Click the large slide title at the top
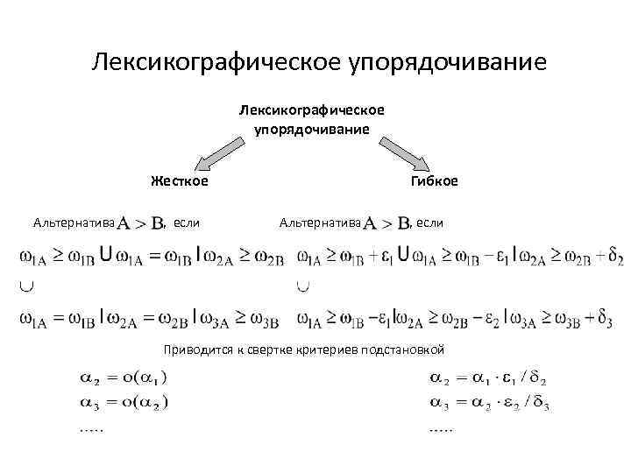coord(319,63)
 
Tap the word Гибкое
coord(433,181)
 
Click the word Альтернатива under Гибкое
coord(320,222)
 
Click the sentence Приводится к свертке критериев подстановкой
coord(304,349)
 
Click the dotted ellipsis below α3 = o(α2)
coord(90,429)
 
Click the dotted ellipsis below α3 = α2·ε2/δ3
coord(441,429)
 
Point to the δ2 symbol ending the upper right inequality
coord(615,258)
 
